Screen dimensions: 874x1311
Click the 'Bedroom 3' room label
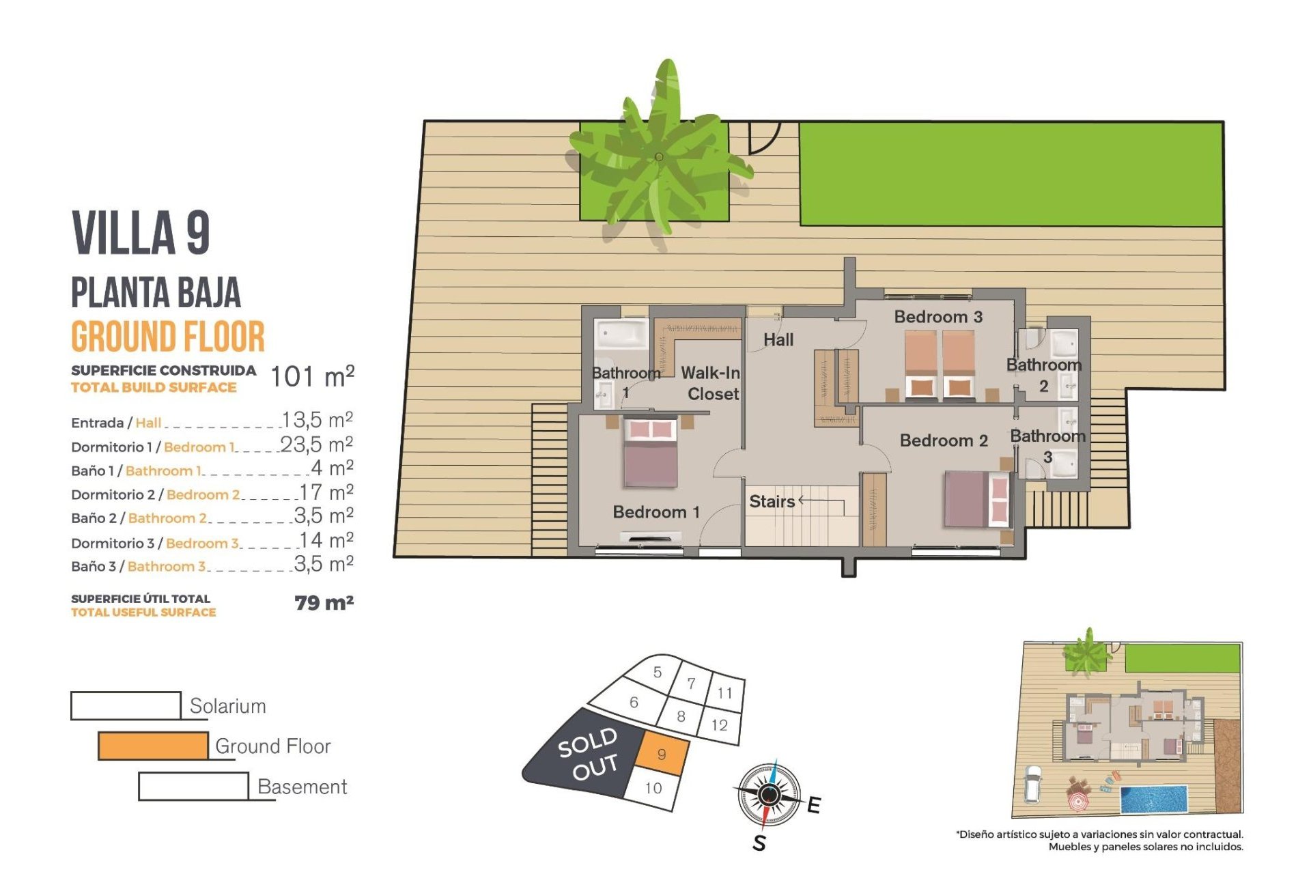click(938, 317)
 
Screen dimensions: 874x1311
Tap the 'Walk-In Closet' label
click(711, 383)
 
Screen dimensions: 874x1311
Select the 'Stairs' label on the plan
click(772, 502)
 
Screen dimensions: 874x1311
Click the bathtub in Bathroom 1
click(621, 334)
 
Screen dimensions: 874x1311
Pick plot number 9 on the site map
click(662, 755)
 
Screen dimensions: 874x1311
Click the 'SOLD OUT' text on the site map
click(589, 754)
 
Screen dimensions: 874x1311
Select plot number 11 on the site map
click(724, 693)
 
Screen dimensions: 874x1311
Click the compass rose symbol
click(770, 795)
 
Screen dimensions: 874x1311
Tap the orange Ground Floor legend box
click(153, 746)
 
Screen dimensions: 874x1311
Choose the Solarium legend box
click(126, 705)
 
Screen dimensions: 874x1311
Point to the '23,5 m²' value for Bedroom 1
click(316, 445)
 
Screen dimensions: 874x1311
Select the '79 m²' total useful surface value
click(324, 603)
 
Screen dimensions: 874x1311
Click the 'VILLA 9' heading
click(141, 233)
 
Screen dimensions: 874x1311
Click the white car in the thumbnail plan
click(1033, 784)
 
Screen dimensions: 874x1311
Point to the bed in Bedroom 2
click(976, 499)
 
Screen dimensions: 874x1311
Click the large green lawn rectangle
click(1011, 174)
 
